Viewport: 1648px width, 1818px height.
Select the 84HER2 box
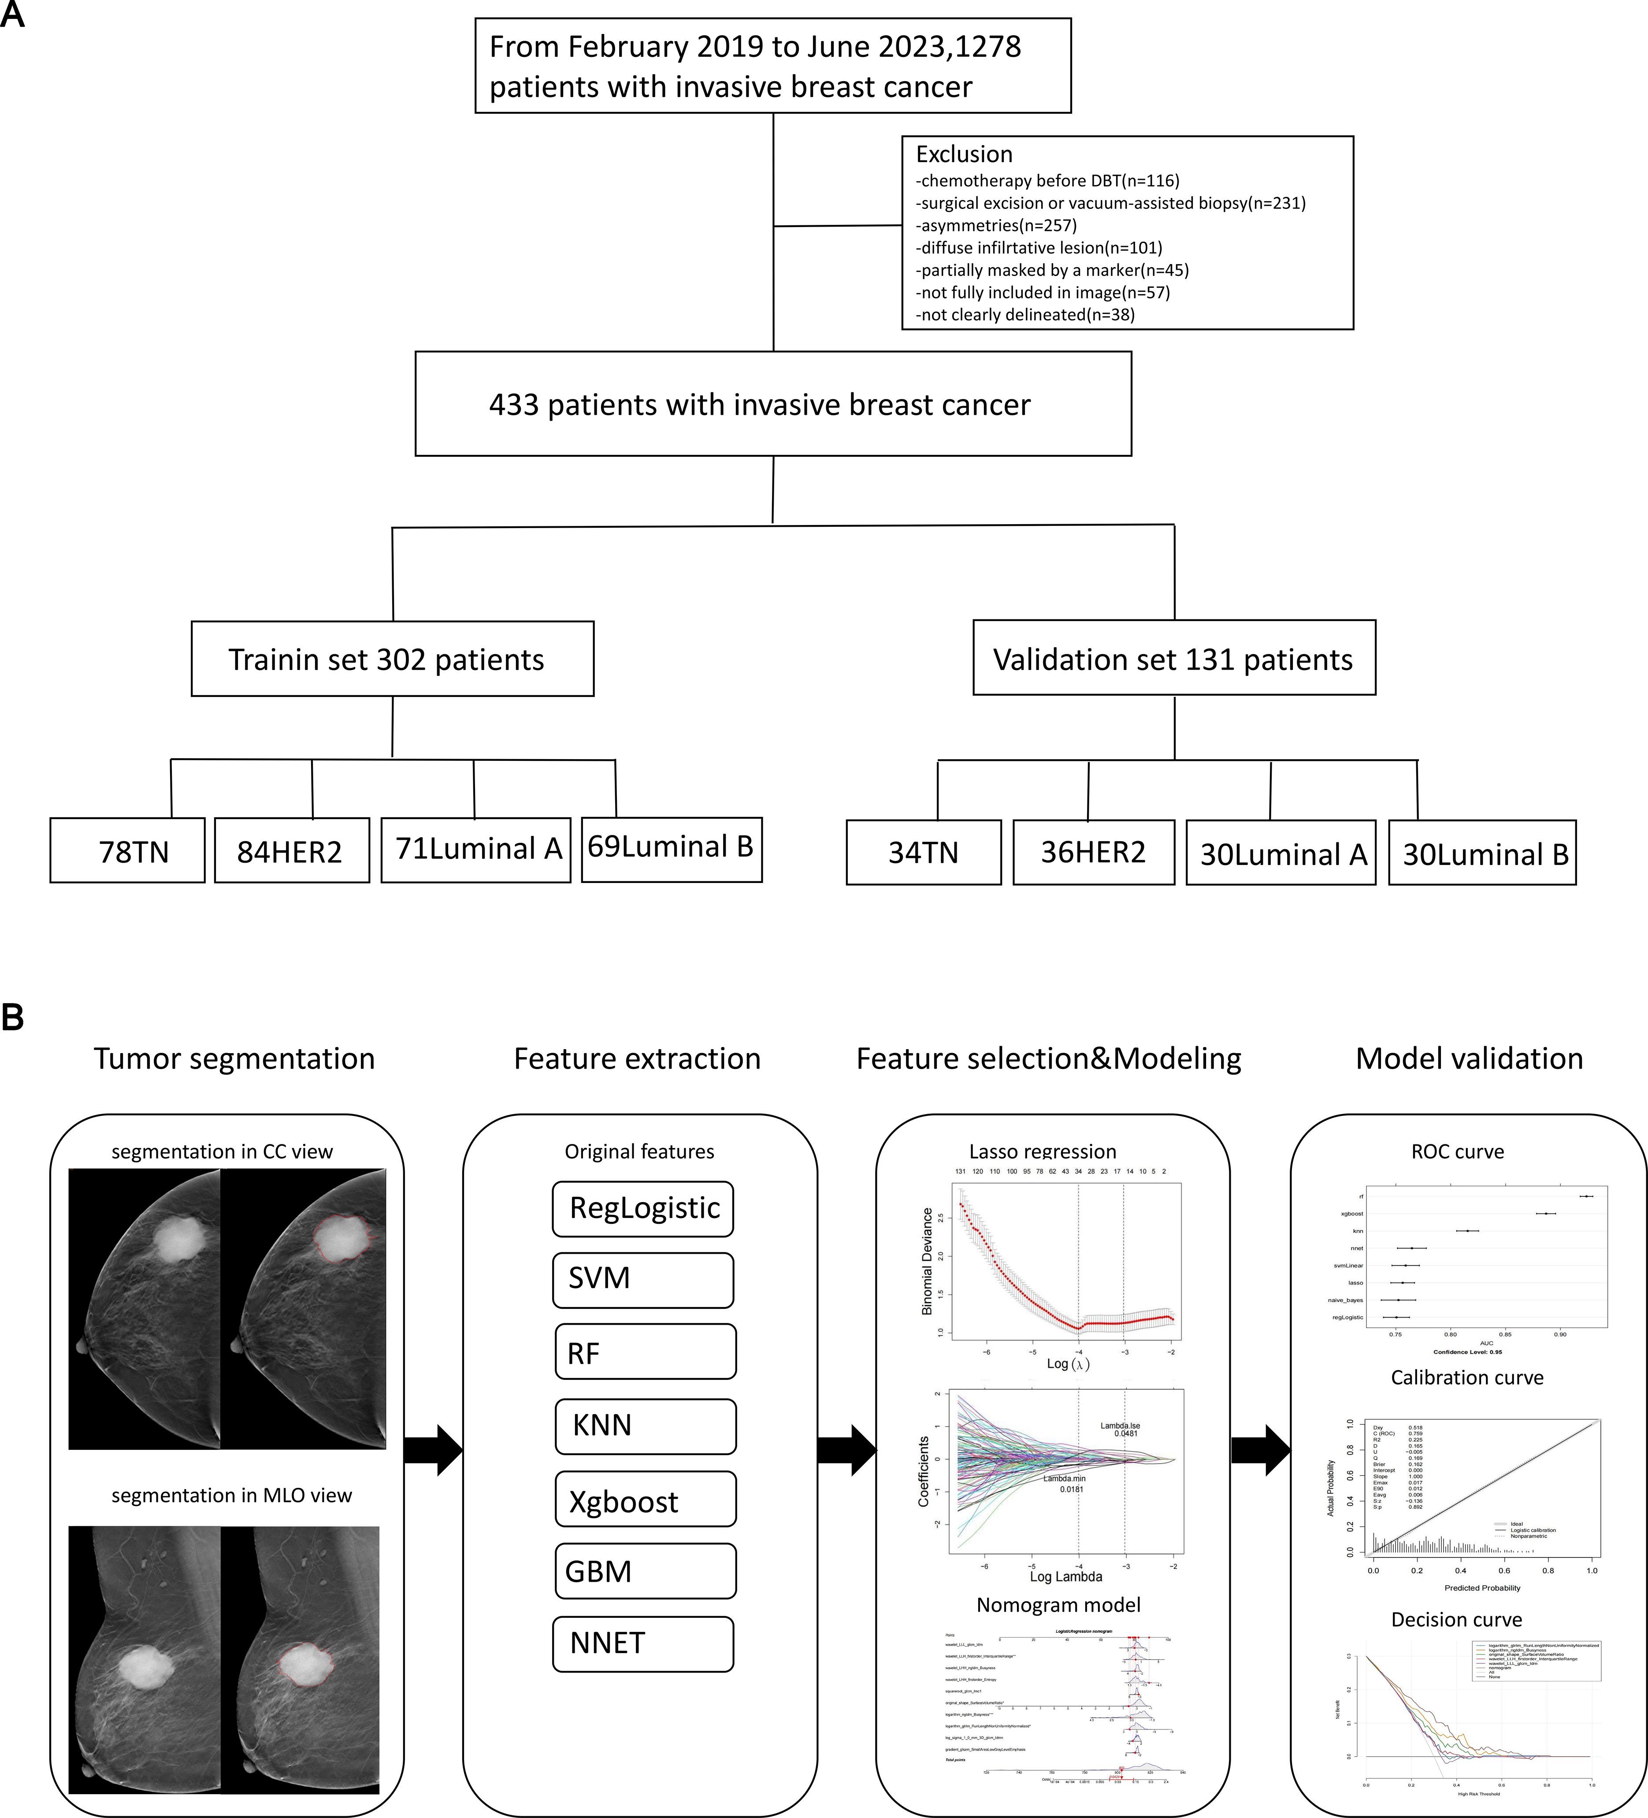tap(291, 850)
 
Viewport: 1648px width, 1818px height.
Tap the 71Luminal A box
tap(476, 849)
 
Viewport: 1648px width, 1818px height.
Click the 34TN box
tap(923, 852)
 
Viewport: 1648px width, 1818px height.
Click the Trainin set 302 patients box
tap(392, 659)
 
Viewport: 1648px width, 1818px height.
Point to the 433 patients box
tap(772, 404)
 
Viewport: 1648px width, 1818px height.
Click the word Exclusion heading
tap(964, 154)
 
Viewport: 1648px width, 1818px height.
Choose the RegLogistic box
tap(643, 1208)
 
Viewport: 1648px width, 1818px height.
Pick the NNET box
tap(643, 1643)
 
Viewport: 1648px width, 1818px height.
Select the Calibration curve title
tap(1467, 1377)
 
